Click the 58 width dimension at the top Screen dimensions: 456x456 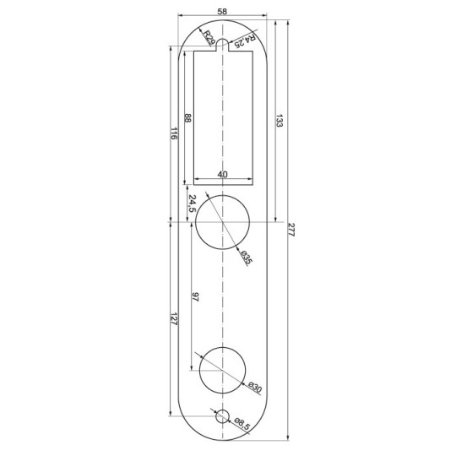click(221, 11)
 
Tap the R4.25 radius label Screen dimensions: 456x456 click(244, 40)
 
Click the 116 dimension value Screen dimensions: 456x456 click(173, 134)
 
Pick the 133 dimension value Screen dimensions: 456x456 click(280, 122)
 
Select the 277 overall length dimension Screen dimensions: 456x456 click(291, 230)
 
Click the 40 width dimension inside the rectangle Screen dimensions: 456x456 click(223, 174)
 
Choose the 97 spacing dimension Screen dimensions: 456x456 click(195, 296)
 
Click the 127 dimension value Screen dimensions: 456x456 click(173, 321)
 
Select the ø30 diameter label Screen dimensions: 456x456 click(254, 388)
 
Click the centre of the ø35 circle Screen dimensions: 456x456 click(223, 223)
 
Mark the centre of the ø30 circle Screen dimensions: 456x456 click(222, 370)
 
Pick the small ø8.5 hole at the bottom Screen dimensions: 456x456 click(222, 415)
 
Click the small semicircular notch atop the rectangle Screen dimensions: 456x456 click(223, 45)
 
